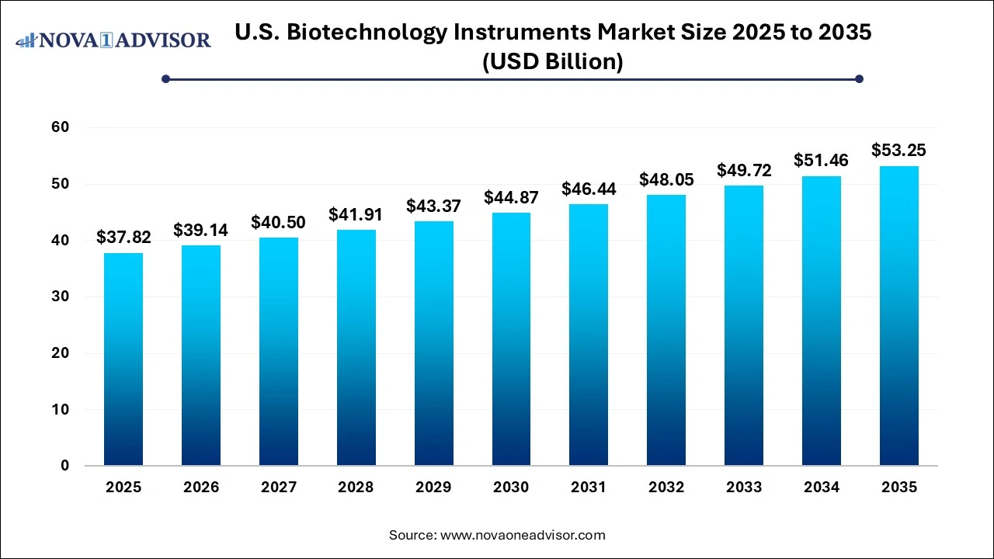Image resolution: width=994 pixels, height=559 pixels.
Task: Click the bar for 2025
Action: tap(123, 359)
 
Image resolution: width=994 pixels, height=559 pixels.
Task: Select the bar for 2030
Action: tap(511, 339)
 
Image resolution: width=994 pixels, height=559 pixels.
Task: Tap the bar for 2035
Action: tap(898, 316)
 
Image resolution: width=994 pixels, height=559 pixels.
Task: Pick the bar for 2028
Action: tap(356, 348)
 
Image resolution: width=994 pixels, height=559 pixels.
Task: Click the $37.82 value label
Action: tap(123, 238)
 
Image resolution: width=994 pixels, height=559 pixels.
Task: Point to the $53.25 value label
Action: tap(898, 151)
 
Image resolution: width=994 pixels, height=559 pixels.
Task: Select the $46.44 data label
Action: tap(589, 189)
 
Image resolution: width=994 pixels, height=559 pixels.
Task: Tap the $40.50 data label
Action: tap(278, 222)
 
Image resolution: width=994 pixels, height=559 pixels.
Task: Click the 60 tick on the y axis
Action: tap(60, 127)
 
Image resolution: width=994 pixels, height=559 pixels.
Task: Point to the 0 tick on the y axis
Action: tap(65, 466)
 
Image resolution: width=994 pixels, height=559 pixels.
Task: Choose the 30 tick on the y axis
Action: tap(60, 297)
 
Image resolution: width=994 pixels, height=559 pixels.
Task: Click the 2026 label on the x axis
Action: tap(201, 488)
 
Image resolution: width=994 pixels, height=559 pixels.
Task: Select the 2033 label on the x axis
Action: tap(744, 488)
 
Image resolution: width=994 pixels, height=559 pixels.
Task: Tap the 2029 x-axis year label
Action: tap(433, 488)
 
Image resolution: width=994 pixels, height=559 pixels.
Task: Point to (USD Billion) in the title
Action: tap(553, 62)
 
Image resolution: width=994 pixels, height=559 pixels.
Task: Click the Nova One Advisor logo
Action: tap(113, 40)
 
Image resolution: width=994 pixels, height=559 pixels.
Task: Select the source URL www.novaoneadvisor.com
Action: tap(523, 535)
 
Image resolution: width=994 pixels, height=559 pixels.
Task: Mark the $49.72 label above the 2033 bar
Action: tap(744, 170)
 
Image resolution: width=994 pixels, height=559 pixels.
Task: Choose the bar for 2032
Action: tap(666, 330)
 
